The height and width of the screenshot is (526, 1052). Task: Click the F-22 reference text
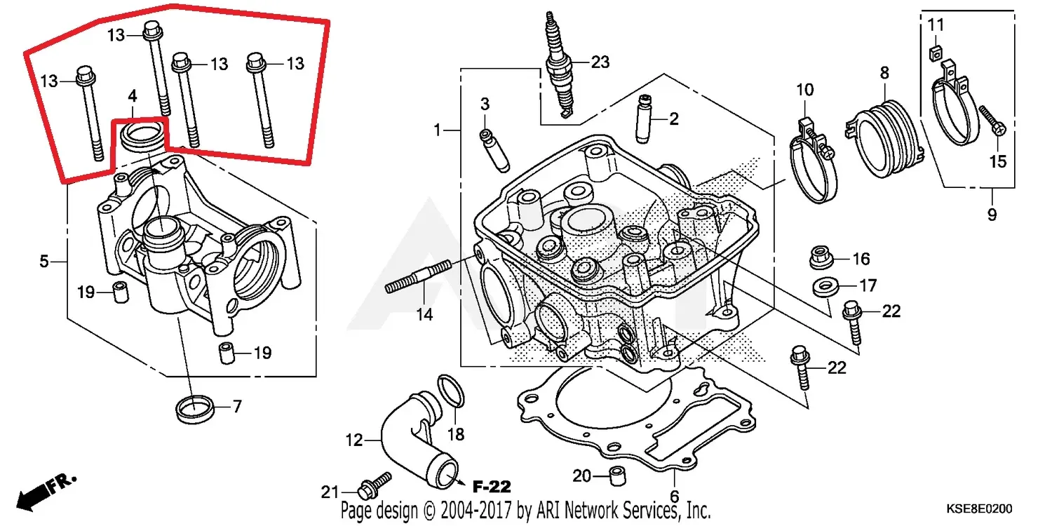point(491,486)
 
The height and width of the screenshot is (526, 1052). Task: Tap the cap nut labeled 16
point(820,257)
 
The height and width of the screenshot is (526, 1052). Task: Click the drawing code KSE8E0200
point(979,507)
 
